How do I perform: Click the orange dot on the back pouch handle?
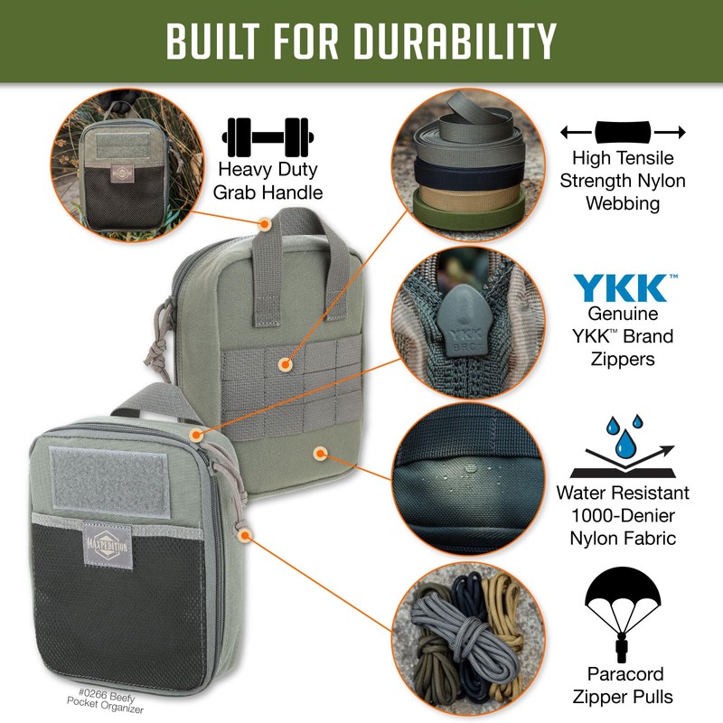click(265, 221)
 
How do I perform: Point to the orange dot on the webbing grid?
click(286, 365)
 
